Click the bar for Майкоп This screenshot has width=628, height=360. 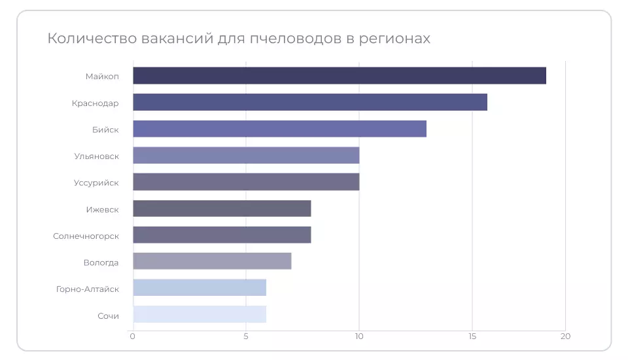point(339,75)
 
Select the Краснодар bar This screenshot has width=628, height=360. point(309,102)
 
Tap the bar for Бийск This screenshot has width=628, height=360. point(279,129)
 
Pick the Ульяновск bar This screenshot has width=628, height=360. point(246,155)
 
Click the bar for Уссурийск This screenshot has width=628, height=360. point(246,182)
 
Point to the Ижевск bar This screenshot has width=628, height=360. point(222,208)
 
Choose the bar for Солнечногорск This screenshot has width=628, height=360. point(222,235)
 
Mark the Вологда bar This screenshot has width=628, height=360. point(212,261)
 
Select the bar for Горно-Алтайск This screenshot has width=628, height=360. point(200,288)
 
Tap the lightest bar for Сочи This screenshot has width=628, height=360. point(200,314)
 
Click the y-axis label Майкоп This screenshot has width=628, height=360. point(102,76)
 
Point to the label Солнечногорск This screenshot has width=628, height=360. point(86,236)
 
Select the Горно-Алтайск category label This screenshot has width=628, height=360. point(88,289)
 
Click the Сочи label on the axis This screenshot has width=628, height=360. point(108,315)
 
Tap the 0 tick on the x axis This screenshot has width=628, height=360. point(133,336)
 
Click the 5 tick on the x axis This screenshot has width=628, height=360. point(246,336)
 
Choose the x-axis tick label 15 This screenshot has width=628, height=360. point(472,336)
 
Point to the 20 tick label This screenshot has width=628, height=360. point(566,336)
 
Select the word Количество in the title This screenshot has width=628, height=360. point(91,39)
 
